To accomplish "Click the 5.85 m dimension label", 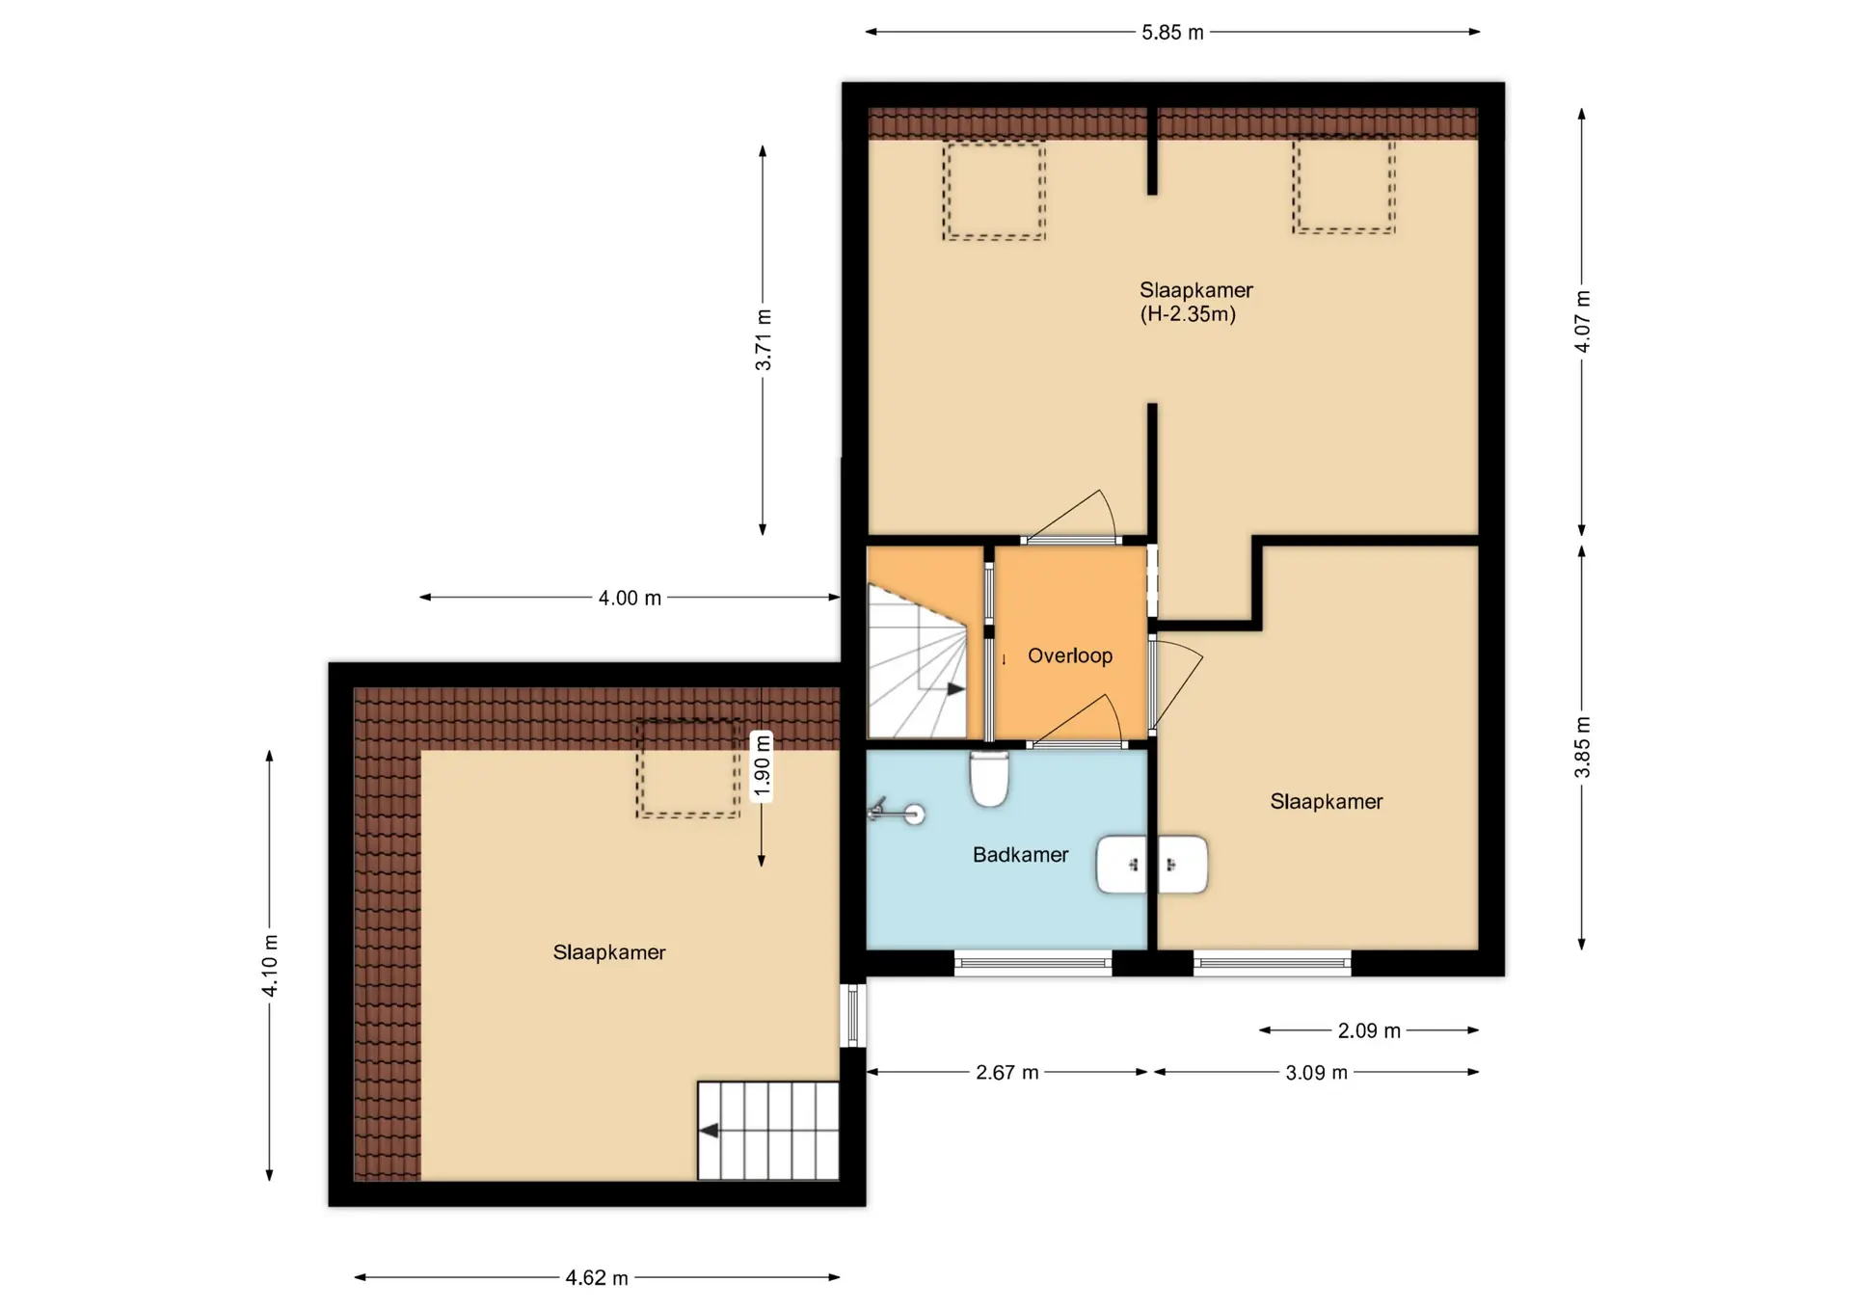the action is (1172, 33).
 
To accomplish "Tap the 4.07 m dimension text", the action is (1582, 321).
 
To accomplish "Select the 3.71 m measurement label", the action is (763, 340).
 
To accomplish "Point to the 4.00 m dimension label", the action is (630, 599).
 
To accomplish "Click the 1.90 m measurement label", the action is (762, 766).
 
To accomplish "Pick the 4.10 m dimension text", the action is (270, 965).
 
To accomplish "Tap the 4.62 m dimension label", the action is (597, 1278).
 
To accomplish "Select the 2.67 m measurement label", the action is (1007, 1073).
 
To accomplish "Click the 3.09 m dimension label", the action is (1316, 1073).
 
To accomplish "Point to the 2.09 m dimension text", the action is (1369, 1031).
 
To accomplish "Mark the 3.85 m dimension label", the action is (1582, 747).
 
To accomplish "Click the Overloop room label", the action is (1070, 656).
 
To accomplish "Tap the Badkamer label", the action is (1021, 855).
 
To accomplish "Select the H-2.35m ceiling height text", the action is (1188, 314).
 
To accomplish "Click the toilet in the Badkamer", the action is (989, 779).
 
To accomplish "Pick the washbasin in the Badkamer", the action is (1152, 865).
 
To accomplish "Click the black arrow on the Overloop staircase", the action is (955, 689).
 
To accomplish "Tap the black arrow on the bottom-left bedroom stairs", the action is (709, 1131).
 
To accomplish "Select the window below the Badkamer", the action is (1033, 963).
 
